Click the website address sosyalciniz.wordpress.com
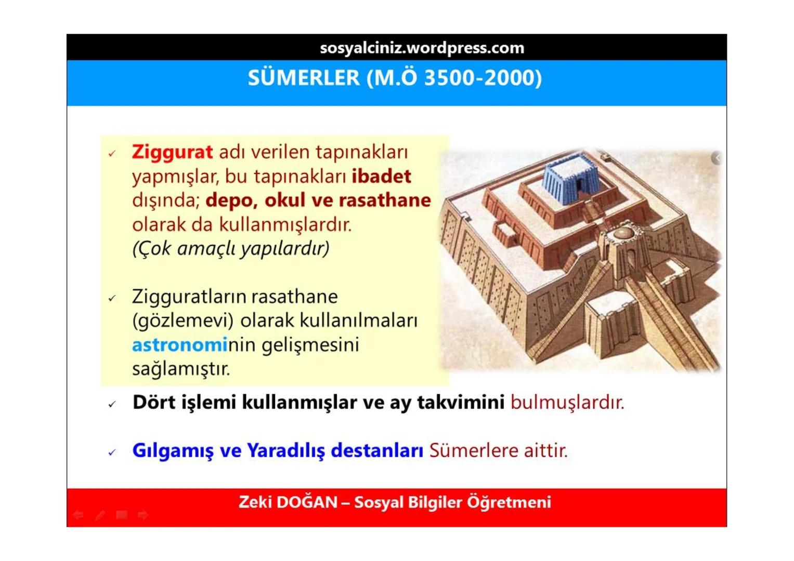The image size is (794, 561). tap(422, 48)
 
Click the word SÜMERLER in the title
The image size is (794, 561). tap(303, 78)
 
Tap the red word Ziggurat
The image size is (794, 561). tap(172, 152)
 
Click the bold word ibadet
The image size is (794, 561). tap(381, 176)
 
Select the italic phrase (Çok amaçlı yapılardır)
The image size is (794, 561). tap(231, 248)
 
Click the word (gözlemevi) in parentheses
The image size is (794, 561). tap(183, 320)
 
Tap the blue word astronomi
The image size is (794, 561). tap(179, 345)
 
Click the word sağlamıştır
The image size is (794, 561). tap(180, 369)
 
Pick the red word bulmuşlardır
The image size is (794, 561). tap(567, 402)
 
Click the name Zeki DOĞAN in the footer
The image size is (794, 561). tap(288, 502)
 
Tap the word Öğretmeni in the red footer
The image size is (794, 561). tap(509, 502)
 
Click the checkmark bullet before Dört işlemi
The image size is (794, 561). tap(112, 404)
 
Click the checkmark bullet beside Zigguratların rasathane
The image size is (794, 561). tap(112, 298)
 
